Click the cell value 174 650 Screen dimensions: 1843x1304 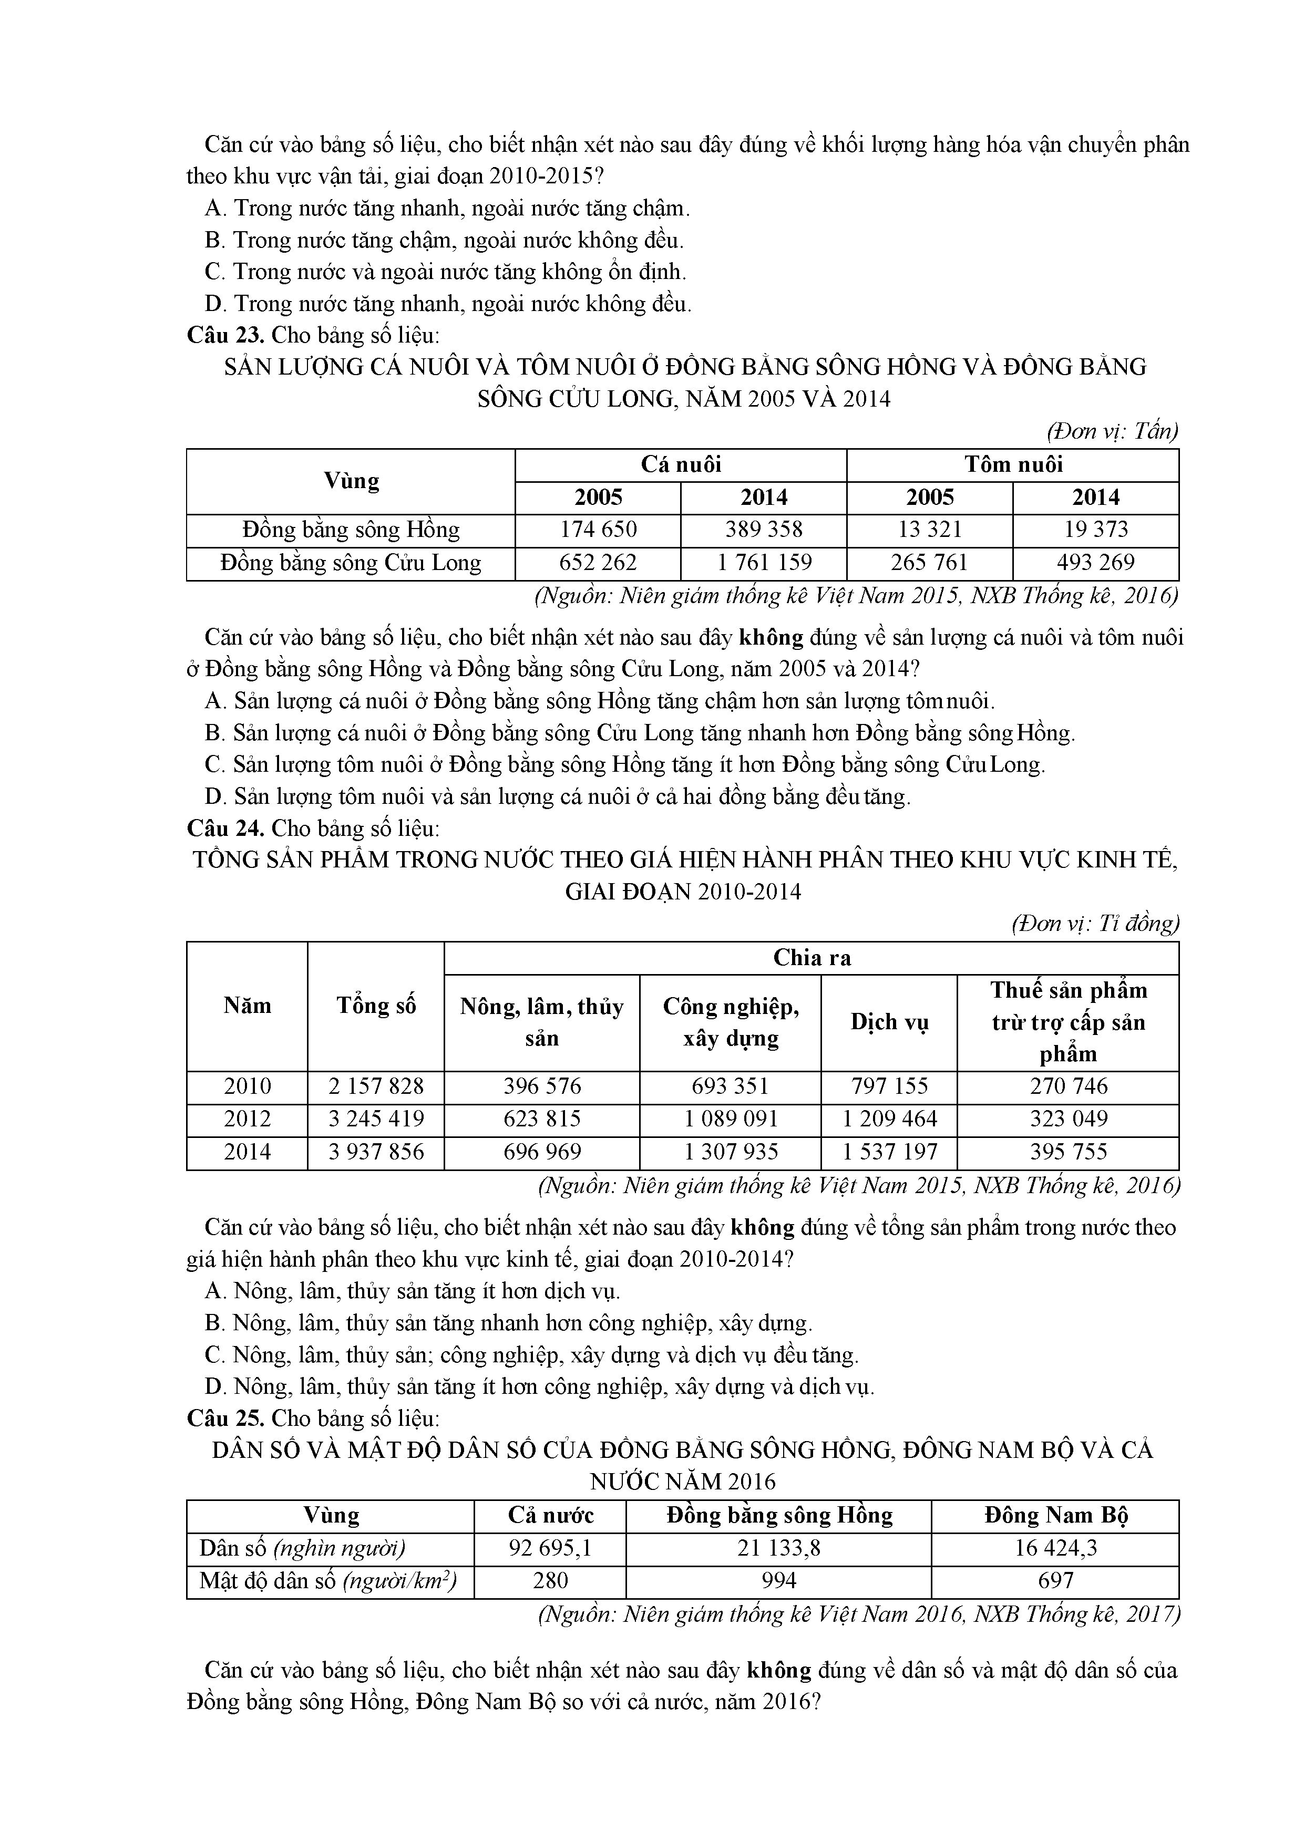coord(598,530)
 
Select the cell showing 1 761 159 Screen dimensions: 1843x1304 coord(764,563)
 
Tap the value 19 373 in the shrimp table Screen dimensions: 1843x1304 coord(1095,530)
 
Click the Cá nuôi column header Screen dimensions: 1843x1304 coord(681,465)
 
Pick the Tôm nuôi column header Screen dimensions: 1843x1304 coord(1013,465)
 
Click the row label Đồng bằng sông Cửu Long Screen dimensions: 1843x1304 coord(351,563)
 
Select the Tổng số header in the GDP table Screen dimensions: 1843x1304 coord(376,1006)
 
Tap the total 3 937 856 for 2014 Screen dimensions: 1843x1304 coord(376,1152)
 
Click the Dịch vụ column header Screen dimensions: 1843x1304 coord(889,1022)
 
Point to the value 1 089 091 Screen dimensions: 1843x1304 coord(731,1119)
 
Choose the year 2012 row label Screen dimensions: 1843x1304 coord(248,1119)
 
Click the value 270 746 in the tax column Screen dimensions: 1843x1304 coord(1068,1086)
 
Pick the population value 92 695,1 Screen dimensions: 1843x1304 coord(550,1548)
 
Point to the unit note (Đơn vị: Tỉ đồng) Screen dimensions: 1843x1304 coord(1095,924)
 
